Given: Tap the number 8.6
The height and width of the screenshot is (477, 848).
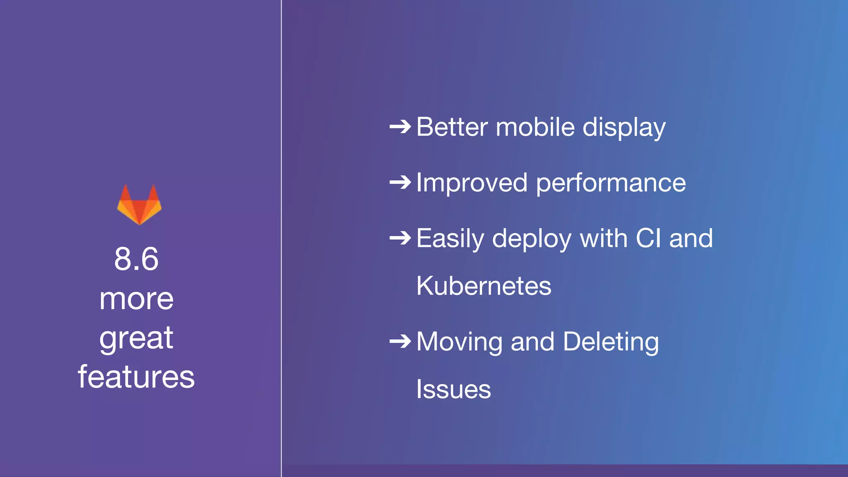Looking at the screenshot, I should coord(136,259).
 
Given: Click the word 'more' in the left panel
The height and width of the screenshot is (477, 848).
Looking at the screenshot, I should coord(136,299).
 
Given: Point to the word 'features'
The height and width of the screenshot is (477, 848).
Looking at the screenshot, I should coord(136,377).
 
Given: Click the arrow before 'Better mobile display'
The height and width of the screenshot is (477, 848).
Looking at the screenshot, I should coord(400,127).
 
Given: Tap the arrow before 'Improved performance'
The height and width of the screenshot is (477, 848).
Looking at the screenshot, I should coord(400,182).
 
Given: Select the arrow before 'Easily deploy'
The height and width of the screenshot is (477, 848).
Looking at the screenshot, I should coord(400,238).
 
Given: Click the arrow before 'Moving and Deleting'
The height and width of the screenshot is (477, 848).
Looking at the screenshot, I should coord(400,342).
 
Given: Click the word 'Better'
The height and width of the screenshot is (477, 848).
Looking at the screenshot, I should coord(452,127).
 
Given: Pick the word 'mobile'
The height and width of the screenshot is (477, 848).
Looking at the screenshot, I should coord(535,127).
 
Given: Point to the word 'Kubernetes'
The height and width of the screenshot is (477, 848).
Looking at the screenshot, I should coord(484,286).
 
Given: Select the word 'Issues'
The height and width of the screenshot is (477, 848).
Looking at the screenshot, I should coord(453,389).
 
